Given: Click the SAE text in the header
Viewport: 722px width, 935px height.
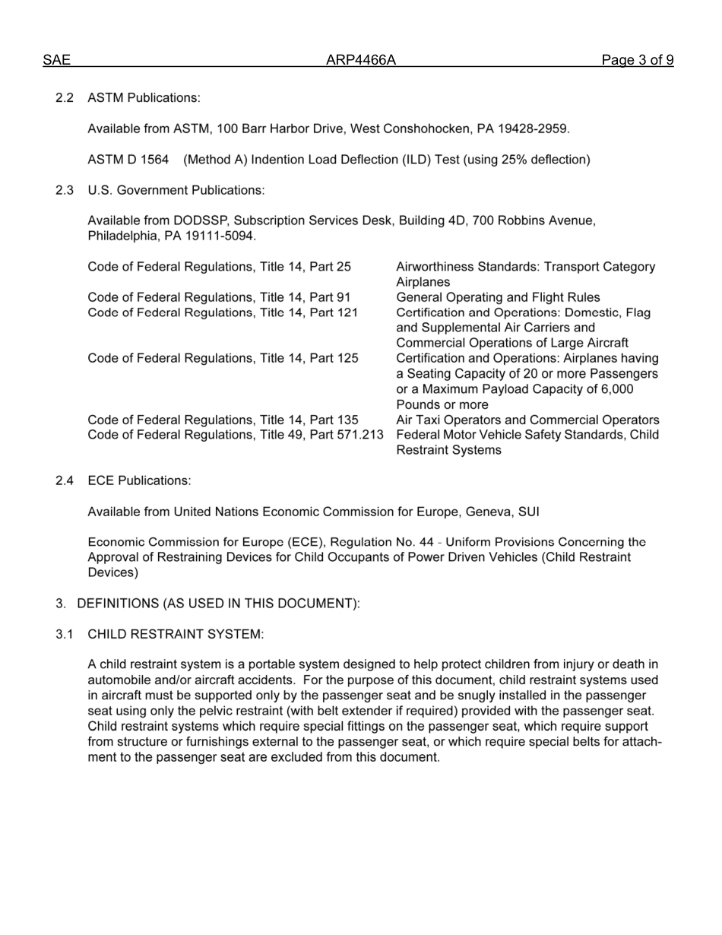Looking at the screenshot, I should click(56, 61).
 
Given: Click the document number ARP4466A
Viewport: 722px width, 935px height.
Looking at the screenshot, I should click(361, 61).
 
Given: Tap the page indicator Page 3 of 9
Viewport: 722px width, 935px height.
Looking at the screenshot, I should click(637, 61).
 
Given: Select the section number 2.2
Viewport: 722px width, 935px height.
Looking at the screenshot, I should click(65, 98).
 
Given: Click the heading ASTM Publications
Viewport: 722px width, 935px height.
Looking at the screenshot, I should click(144, 98).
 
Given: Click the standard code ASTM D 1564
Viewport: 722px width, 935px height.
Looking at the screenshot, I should click(128, 160).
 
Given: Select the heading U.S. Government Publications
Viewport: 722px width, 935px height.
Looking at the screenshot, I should click(176, 190).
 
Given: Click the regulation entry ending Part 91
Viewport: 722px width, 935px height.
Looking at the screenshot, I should click(219, 297).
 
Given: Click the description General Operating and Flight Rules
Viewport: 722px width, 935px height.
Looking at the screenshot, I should click(498, 297).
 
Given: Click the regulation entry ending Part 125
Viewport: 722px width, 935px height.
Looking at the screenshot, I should click(223, 358).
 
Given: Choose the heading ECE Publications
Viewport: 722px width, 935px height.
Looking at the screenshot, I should click(139, 480).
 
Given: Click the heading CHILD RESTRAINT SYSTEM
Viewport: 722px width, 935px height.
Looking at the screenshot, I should click(176, 634).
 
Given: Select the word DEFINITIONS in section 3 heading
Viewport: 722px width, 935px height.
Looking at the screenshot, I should click(118, 604).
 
